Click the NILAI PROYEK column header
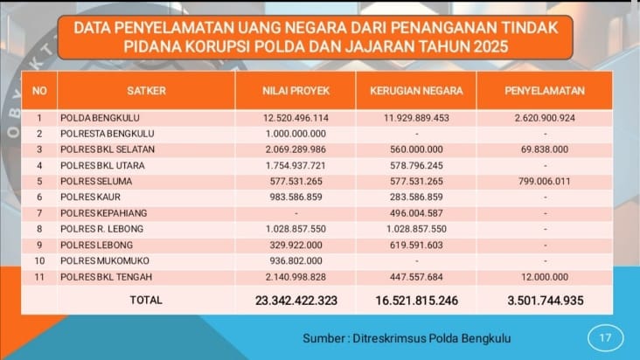(x=295, y=90)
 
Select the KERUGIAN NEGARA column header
(x=416, y=90)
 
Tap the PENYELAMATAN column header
(x=544, y=90)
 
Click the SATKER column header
(x=145, y=90)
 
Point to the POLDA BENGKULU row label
(x=100, y=117)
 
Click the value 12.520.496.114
(x=296, y=117)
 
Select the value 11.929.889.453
(x=416, y=117)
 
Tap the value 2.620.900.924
(x=545, y=117)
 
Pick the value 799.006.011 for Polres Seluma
(x=545, y=181)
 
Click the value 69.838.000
(x=545, y=149)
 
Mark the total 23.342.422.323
(x=296, y=300)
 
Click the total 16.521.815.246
(x=416, y=300)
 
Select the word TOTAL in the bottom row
(x=145, y=300)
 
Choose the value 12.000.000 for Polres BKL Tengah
(x=545, y=277)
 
